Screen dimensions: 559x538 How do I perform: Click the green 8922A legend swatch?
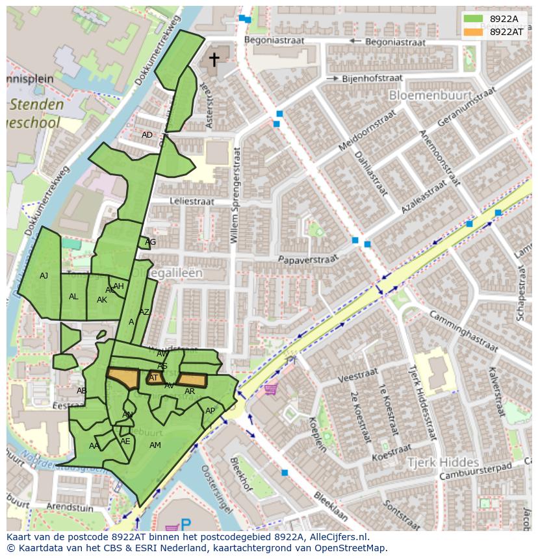473,19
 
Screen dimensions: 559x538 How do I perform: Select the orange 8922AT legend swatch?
473,32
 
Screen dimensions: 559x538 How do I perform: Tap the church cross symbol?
214,60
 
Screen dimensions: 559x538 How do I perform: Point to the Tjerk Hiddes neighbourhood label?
443,462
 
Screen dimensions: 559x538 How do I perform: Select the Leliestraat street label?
192,202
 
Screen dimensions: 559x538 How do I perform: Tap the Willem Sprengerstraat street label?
236,195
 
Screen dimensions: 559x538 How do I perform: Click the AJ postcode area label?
44,276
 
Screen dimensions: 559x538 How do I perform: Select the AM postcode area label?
155,445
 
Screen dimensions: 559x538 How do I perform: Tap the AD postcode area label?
147,135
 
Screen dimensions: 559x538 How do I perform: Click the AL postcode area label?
73,297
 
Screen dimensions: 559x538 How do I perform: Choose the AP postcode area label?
210,411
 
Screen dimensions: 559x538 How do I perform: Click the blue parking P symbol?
186,524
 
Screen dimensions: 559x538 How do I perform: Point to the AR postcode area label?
190,391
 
